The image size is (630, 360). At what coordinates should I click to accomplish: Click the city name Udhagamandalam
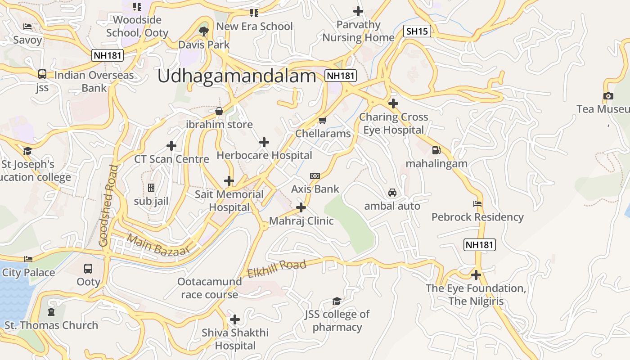coord(237,76)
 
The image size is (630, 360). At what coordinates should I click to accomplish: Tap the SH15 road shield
coord(417,31)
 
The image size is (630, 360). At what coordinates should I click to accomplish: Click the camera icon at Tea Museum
coord(608,96)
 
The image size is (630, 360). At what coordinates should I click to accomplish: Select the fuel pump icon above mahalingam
coord(436,150)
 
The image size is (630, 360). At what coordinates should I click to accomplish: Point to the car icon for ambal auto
coord(392,193)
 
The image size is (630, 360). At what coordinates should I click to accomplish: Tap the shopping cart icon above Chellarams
coord(322,120)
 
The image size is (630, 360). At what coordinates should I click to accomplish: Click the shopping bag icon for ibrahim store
coord(219,111)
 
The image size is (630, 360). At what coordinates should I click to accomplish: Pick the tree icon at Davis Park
coord(204,31)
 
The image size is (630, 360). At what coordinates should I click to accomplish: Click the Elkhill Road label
coord(277,268)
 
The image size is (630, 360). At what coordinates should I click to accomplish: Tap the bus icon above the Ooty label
coord(88,269)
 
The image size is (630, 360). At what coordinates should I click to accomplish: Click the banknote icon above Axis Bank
coord(315,175)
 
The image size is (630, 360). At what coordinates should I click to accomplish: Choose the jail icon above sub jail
coord(151,188)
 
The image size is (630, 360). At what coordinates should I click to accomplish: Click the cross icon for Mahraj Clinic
coord(301,207)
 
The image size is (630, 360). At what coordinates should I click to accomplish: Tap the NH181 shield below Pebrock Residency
coord(479,245)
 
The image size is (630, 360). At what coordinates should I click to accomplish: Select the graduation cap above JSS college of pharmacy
coord(337,301)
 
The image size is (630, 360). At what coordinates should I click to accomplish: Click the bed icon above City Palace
coord(28,259)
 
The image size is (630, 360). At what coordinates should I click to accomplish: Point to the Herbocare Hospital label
coord(264,155)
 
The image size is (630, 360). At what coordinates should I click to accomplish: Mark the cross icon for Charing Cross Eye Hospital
coord(393,103)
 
